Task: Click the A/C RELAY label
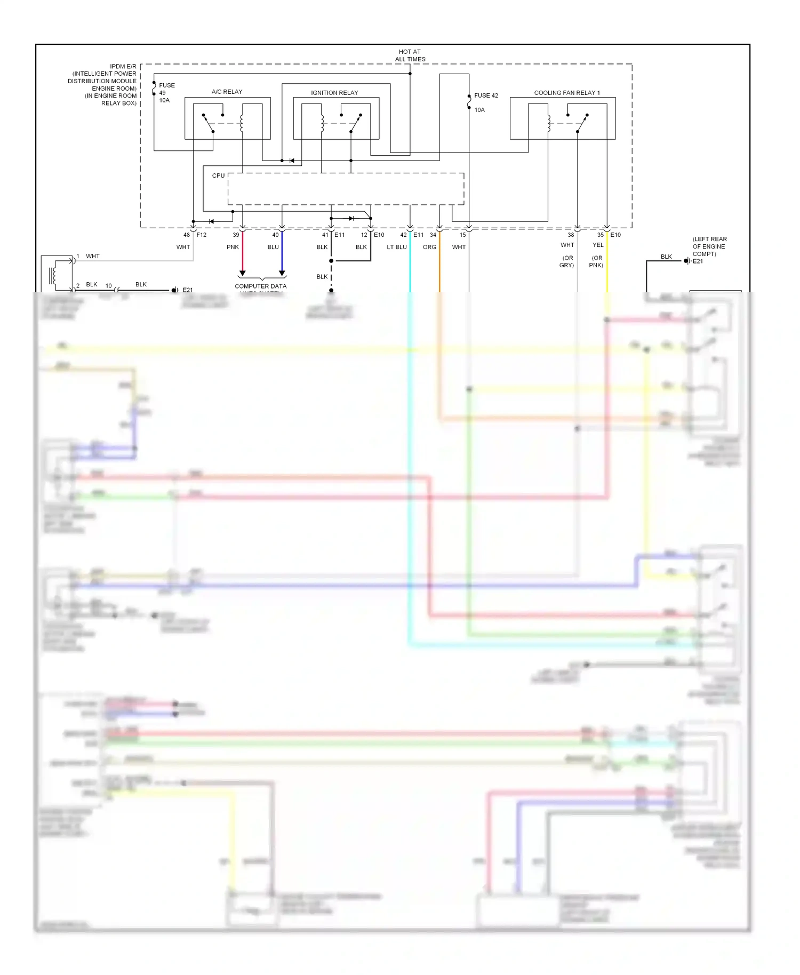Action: coord(227,92)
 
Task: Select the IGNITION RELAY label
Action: coord(334,93)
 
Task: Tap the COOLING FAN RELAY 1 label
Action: coord(567,93)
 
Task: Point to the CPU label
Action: coord(218,175)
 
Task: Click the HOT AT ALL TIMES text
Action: coord(410,55)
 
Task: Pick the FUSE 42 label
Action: coord(486,95)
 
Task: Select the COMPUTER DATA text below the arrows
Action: coord(260,286)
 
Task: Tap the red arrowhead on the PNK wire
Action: coord(242,273)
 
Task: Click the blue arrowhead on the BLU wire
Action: coord(282,273)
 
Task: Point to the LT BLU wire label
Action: coord(397,247)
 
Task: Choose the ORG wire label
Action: coord(429,247)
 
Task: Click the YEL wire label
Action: coord(598,245)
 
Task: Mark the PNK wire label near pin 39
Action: coord(233,247)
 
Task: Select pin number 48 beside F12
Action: coord(187,235)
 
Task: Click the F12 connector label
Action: coord(202,235)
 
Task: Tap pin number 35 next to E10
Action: coord(601,235)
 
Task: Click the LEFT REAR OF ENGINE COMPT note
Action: coord(709,246)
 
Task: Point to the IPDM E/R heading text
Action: coord(123,67)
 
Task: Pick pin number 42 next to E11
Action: coord(404,235)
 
